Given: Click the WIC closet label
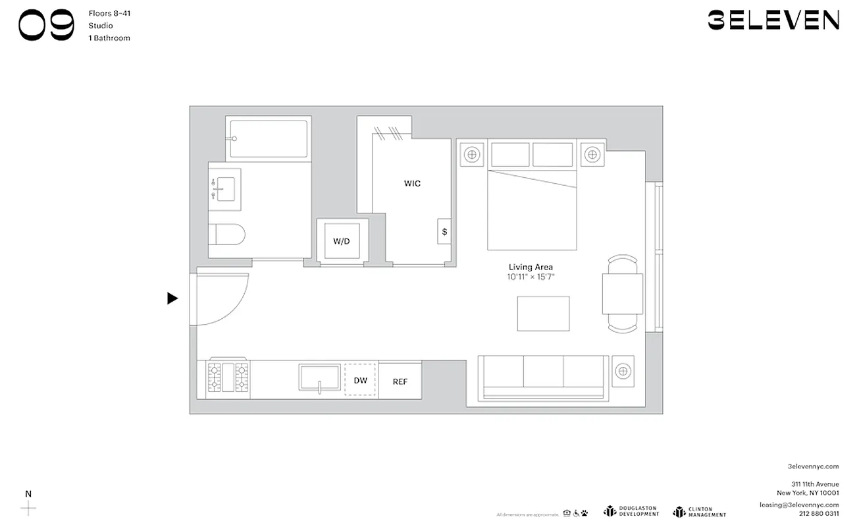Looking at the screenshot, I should click(x=412, y=184).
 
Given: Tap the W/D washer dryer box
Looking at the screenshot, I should click(x=341, y=242).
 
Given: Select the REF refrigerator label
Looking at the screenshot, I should click(x=400, y=381).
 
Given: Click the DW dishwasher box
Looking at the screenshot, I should click(x=360, y=380).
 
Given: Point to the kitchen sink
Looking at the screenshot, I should click(x=319, y=378).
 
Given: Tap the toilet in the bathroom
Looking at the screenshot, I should click(x=226, y=235).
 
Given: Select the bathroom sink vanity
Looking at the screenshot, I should click(x=225, y=184).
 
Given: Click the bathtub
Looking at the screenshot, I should click(x=269, y=138).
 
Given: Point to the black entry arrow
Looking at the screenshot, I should click(x=172, y=298).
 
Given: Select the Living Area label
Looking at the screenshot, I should click(x=530, y=267).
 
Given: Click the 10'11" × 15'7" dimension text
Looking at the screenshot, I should click(x=531, y=277).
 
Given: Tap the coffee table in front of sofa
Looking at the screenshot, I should click(x=543, y=314).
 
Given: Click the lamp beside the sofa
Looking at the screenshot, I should click(x=622, y=371).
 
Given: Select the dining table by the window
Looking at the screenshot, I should click(x=622, y=294).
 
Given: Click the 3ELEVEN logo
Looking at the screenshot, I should click(x=773, y=20).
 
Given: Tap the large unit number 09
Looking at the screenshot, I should click(x=46, y=26).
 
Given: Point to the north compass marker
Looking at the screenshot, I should click(x=28, y=507).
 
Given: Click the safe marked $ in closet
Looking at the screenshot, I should click(x=444, y=232).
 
